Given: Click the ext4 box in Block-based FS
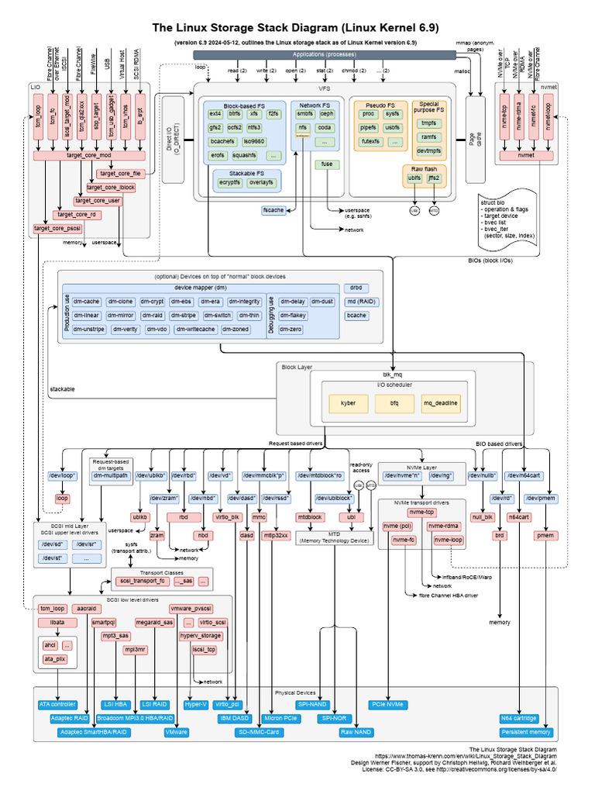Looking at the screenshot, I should click(x=215, y=113).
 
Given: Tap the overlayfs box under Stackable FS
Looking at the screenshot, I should click(x=260, y=183).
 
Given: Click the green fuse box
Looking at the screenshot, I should click(x=326, y=164).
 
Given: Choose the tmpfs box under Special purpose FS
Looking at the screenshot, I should click(x=428, y=123).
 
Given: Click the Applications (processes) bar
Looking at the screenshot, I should click(x=330, y=54).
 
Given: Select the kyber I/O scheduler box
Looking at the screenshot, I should click(x=348, y=403).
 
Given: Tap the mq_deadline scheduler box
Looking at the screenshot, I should click(x=440, y=403).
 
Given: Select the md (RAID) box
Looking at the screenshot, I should click(x=357, y=302).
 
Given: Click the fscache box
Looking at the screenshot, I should click(x=273, y=210).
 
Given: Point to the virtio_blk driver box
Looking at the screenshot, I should click(x=227, y=516).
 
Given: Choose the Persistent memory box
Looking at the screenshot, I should click(x=526, y=732).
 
